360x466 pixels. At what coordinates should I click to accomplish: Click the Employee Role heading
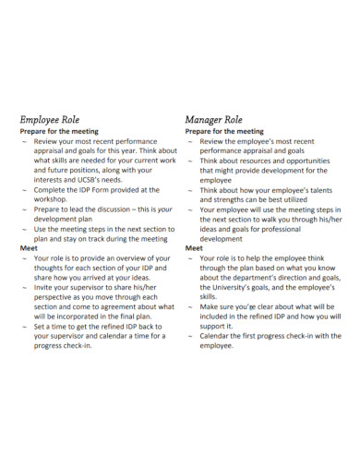click(x=56, y=119)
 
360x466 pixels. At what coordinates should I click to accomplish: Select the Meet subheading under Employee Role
click(x=29, y=248)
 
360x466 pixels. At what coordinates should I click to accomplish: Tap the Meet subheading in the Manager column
click(x=194, y=248)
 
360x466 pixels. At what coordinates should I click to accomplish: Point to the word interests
click(x=52, y=180)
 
